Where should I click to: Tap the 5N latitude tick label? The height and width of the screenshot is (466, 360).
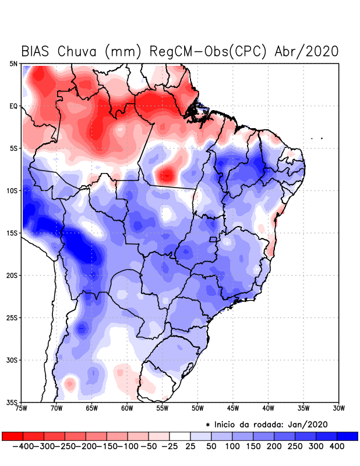[x=13, y=63]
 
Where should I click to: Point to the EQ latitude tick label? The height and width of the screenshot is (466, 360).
[x=13, y=106]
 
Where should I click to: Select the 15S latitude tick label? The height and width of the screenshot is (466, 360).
[x=12, y=233]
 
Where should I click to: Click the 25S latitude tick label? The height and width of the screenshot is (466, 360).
[x=12, y=318]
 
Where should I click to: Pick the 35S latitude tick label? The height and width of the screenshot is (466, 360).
[x=12, y=403]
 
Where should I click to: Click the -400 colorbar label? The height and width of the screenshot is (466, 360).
[x=23, y=446]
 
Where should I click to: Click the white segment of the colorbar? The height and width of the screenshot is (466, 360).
[x=179, y=436]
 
